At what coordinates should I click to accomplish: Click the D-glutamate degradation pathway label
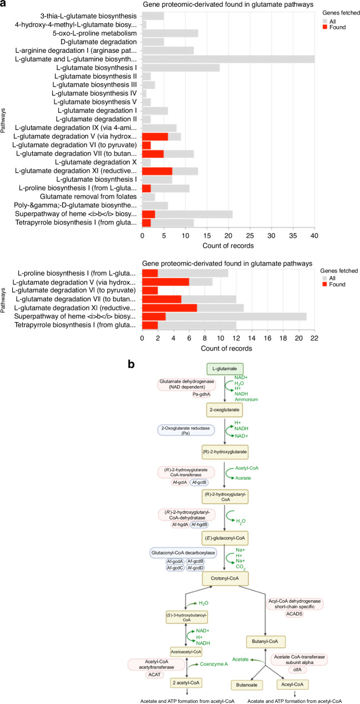click(106, 41)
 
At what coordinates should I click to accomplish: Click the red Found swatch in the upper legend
click(325, 30)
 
